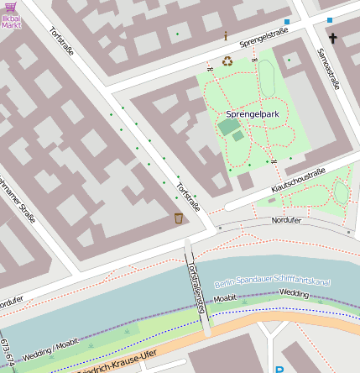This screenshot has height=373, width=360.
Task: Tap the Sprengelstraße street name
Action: [263, 38]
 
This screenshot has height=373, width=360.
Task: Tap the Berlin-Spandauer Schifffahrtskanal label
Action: [272, 278]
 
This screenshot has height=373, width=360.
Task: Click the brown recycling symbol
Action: [227, 60]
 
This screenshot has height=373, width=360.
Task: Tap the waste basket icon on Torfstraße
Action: [179, 218]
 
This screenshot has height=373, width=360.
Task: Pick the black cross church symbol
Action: [332, 39]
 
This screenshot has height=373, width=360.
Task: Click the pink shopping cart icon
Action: [10, 7]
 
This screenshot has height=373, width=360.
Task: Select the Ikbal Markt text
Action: [11, 21]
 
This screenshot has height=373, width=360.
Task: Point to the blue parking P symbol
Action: [279, 368]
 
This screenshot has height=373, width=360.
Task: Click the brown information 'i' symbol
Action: [225, 35]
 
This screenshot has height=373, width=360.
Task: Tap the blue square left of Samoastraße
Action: [287, 22]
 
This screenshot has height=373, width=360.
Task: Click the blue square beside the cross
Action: [329, 19]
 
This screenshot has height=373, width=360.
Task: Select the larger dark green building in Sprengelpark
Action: [227, 127]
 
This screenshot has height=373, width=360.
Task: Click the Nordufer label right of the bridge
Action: [285, 220]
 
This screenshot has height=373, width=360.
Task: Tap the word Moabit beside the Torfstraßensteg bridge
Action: [224, 298]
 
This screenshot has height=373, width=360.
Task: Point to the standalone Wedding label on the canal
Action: [294, 293]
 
